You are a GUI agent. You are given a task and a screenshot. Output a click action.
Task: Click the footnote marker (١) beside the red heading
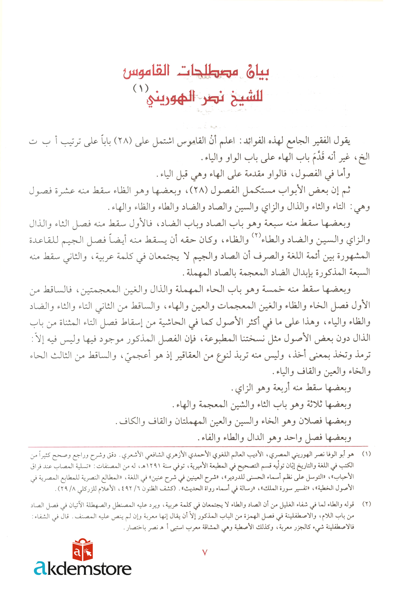coord(141,88)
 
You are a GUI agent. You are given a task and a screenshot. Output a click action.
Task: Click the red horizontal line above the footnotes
coord(198,446)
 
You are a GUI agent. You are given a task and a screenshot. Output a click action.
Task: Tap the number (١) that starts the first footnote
coord(366,454)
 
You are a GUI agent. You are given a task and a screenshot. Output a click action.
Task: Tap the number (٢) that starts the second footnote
coord(366,504)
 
